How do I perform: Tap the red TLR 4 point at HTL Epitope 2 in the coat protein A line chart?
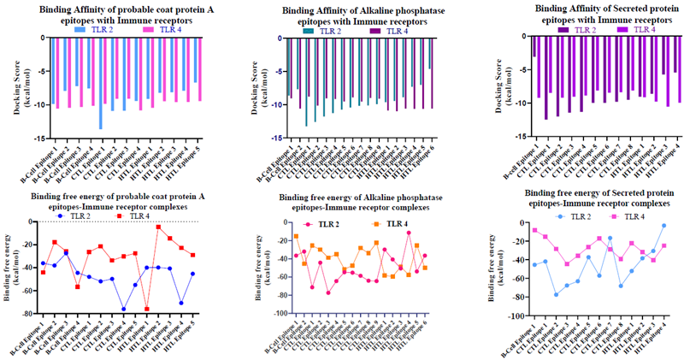(158, 227)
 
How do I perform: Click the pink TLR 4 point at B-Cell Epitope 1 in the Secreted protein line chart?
(534, 230)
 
